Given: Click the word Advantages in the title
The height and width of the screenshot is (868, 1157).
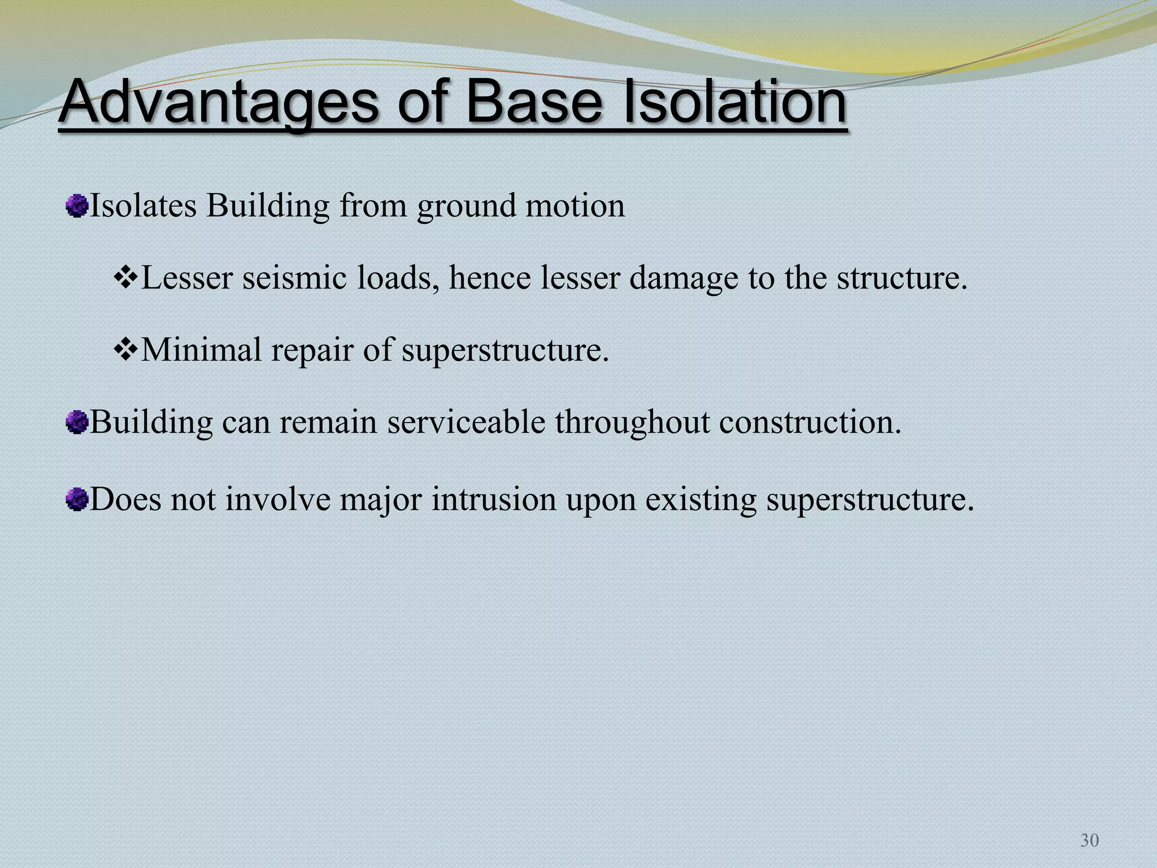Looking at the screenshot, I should [x=218, y=103].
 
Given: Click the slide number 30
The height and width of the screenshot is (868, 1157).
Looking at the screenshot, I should [x=1089, y=840].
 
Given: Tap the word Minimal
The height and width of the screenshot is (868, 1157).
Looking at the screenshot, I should [x=201, y=349].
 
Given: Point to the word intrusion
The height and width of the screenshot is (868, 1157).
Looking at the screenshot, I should [x=494, y=500].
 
